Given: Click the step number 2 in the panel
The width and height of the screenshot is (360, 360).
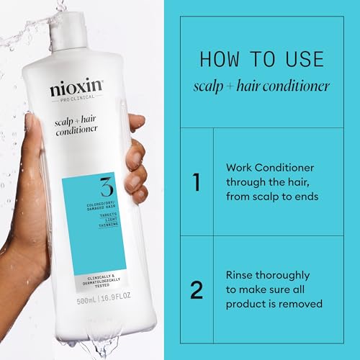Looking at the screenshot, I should tap(197, 289).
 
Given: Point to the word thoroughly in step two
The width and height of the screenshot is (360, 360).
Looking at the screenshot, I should tap(287, 275).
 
